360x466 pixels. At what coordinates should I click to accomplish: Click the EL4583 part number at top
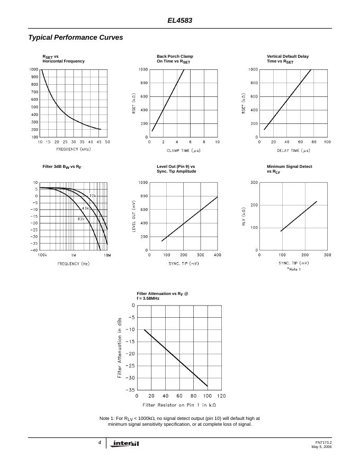coord(180,21)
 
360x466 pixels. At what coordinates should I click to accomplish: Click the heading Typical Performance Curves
coord(75,38)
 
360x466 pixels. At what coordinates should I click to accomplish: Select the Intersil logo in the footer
coord(125,444)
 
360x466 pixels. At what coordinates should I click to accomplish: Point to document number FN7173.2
coord(323,442)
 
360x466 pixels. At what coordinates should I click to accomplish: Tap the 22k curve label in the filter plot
coord(93,196)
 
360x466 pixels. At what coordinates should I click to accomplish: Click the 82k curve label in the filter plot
coord(81,219)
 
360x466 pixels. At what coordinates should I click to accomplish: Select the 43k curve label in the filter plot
coord(86,208)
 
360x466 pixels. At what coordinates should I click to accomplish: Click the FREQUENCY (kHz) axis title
coord(74,149)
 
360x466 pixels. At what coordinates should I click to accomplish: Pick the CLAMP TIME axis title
coord(184,150)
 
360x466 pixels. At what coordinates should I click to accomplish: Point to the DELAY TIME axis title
coord(294,150)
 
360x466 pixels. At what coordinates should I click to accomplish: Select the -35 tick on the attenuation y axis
coord(130,390)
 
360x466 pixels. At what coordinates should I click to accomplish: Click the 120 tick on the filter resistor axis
coord(221,396)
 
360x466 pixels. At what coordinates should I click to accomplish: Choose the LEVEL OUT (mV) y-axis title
coord(134,216)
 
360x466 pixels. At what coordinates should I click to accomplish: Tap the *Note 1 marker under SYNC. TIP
coord(293,269)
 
